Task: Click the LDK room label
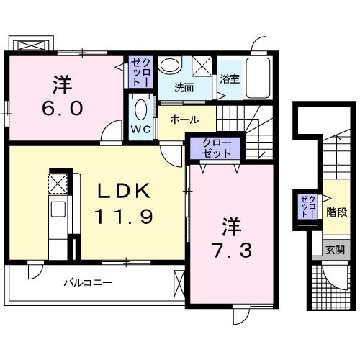coord(124,192)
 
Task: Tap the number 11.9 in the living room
coord(124,215)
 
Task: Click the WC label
coord(140,130)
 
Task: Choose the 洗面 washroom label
coord(184,89)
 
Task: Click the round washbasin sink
coord(170,66)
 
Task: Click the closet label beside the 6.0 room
coord(140,73)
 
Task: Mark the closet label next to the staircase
coord(308,206)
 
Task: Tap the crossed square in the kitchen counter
coord(58,183)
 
